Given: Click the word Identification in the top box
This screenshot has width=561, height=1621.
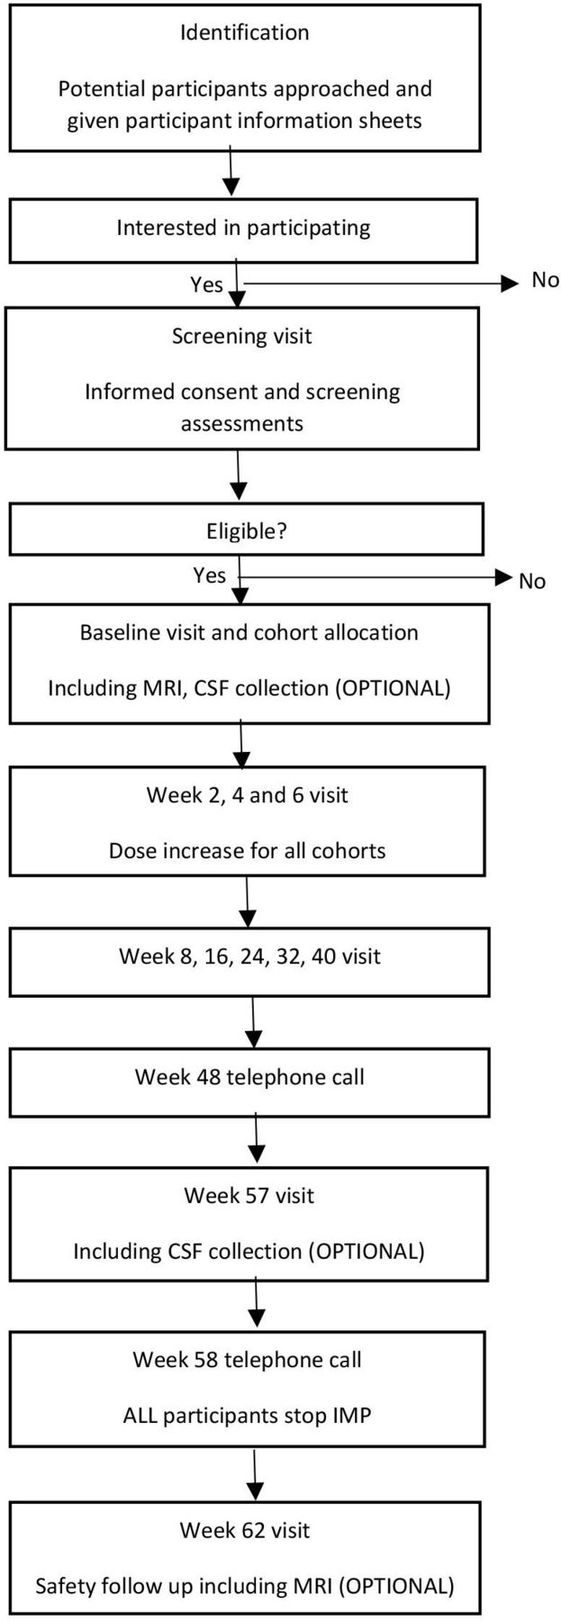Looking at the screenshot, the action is tap(244, 33).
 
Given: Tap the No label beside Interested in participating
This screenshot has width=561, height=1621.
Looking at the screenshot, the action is tap(545, 280).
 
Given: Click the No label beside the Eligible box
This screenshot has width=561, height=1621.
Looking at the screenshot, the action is tap(532, 582).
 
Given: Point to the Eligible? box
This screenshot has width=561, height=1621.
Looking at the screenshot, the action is tap(246, 530).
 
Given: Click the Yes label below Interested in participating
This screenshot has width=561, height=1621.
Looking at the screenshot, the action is tap(206, 285).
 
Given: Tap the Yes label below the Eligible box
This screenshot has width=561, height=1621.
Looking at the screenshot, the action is tap(210, 575).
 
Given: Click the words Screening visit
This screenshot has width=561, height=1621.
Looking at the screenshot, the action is tap(242, 337).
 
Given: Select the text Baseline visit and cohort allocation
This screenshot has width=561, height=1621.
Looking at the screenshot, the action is tap(249, 632).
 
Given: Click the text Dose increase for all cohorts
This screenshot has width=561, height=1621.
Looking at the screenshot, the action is tap(248, 851).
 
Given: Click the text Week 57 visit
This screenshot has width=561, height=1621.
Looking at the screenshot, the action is tap(249, 1196).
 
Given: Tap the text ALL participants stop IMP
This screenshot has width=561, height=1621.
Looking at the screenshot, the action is tap(247, 1415).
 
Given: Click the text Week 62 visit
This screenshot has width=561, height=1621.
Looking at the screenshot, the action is tap(245, 1530).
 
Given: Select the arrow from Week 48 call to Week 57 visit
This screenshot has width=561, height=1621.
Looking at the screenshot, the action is tap(258, 1139).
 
